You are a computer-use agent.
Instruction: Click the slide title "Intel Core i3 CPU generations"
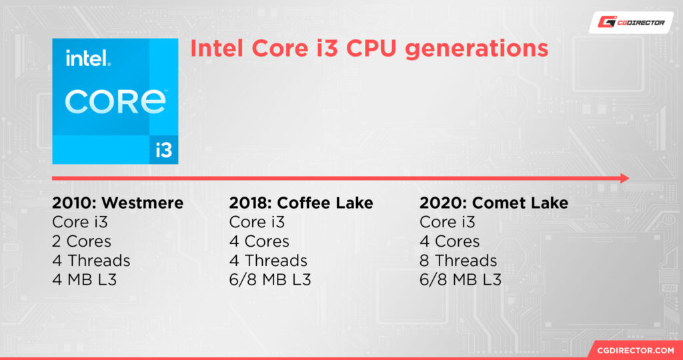click(x=369, y=50)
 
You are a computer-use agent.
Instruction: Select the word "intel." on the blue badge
click(x=88, y=59)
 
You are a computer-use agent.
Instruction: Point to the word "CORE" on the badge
click(x=115, y=100)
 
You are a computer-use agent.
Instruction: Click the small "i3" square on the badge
click(x=163, y=149)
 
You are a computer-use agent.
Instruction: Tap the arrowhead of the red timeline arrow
click(x=624, y=178)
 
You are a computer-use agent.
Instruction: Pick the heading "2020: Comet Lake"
click(x=494, y=203)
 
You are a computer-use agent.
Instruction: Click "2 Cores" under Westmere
click(x=82, y=241)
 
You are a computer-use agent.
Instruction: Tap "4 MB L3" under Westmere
click(x=85, y=280)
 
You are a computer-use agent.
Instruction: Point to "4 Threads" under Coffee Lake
click(x=268, y=261)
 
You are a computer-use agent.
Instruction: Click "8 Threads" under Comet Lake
click(x=458, y=261)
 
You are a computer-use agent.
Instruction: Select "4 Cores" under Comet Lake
click(x=450, y=241)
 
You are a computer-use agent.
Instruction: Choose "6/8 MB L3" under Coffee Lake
click(x=270, y=280)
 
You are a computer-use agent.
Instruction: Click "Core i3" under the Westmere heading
click(x=80, y=222)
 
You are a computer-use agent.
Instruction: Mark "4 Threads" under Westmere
click(x=91, y=261)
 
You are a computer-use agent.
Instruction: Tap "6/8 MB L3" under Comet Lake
click(x=460, y=280)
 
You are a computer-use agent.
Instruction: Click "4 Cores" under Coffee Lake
click(x=259, y=241)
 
